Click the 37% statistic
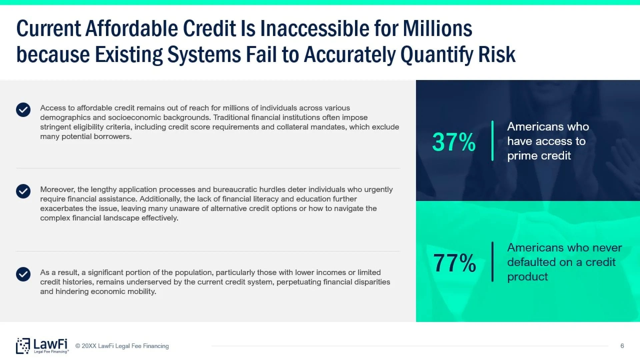pyautogui.click(x=454, y=142)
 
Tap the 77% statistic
pyautogui.click(x=454, y=263)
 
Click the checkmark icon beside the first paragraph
pyautogui.click(x=23, y=110)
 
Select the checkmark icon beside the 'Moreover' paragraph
pyautogui.click(x=23, y=191)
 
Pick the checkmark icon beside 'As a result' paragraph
pyautogui.click(x=23, y=274)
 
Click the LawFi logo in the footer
pyautogui.click(x=42, y=346)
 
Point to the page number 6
pyautogui.click(x=622, y=346)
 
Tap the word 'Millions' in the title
pyautogui.click(x=438, y=28)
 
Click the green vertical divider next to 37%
pyautogui.click(x=492, y=141)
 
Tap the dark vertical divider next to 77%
pyautogui.click(x=492, y=262)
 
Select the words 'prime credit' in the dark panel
pyautogui.click(x=539, y=156)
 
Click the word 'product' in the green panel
pyautogui.click(x=527, y=277)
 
